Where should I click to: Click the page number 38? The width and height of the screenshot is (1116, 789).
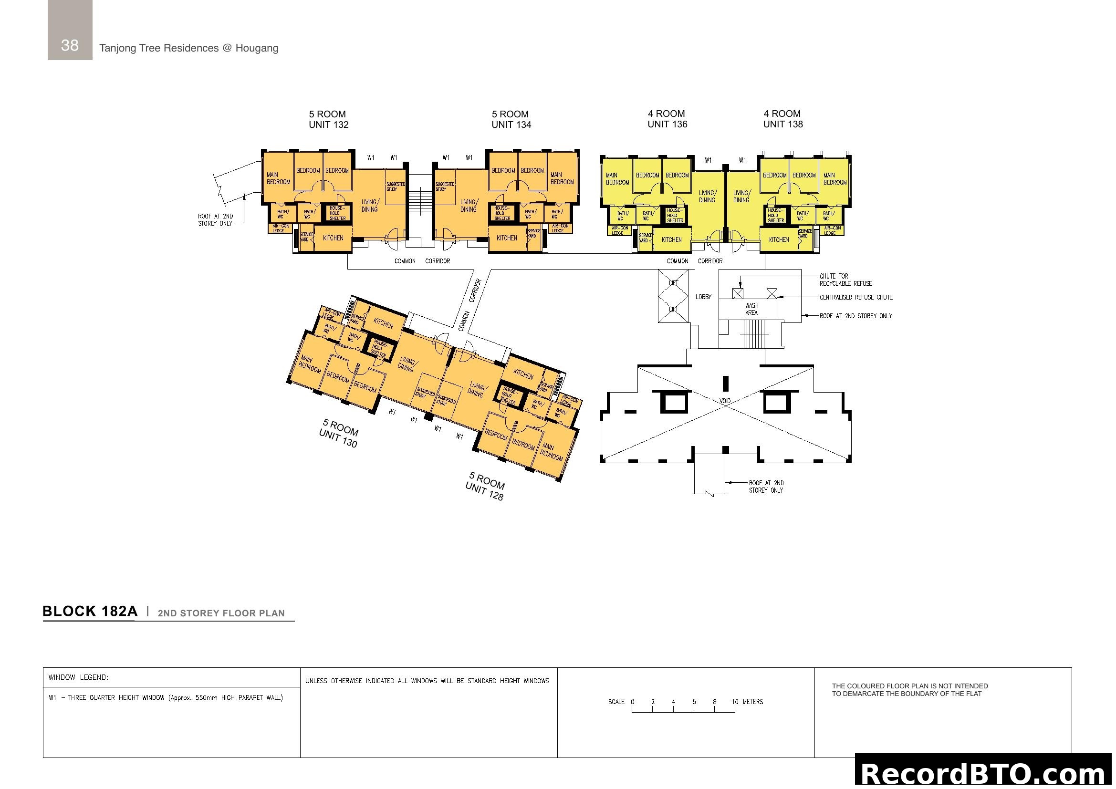(x=70, y=45)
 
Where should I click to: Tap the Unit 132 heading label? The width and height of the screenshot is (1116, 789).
(x=329, y=120)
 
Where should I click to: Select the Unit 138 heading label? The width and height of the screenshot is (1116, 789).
(x=782, y=119)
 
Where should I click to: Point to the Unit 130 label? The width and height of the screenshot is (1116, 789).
(x=339, y=433)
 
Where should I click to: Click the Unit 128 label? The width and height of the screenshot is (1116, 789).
(x=485, y=486)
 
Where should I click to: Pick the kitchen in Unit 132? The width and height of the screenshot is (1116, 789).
(x=333, y=238)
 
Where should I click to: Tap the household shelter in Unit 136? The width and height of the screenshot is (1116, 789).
(x=675, y=215)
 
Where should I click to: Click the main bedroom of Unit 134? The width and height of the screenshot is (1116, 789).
(x=562, y=178)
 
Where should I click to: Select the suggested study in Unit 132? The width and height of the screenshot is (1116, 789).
(x=395, y=187)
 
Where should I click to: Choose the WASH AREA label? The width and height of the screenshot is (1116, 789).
(x=751, y=309)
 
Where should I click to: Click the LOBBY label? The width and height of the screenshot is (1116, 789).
(x=703, y=297)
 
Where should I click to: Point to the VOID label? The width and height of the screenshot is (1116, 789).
(x=725, y=401)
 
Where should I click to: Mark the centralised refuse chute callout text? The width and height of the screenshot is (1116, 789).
(x=856, y=297)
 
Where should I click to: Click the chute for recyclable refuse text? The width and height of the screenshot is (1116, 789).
(x=845, y=280)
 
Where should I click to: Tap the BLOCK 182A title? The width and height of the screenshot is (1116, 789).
(x=90, y=611)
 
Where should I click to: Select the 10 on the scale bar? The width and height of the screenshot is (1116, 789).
(x=735, y=702)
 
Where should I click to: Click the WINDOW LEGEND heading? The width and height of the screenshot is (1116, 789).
(x=78, y=677)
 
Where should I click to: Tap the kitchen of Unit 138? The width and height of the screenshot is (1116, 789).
(x=779, y=239)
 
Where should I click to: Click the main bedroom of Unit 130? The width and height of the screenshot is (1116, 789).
(x=310, y=364)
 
